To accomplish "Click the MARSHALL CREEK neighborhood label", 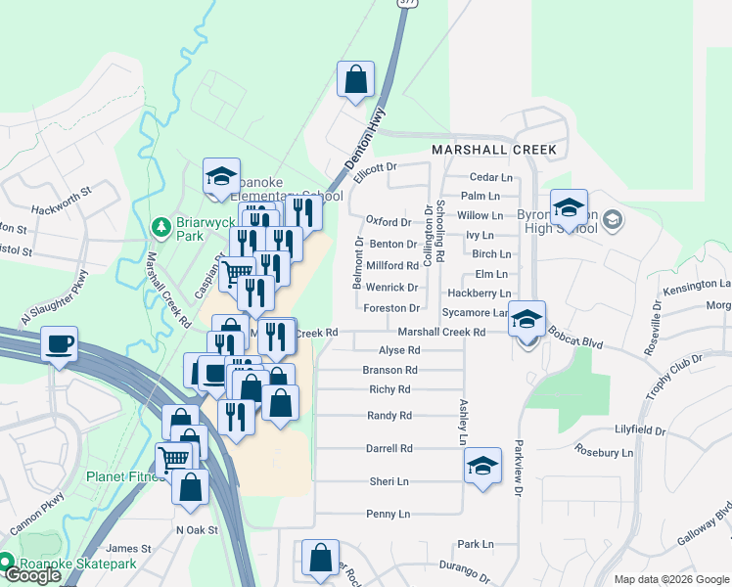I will tap(494, 151).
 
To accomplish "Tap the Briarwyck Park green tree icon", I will tap(161, 228).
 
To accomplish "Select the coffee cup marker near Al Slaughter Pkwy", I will tap(61, 345).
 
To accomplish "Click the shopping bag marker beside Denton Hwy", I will tap(355, 79).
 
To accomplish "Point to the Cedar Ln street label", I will tap(491, 177).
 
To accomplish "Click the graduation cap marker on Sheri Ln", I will tap(482, 467).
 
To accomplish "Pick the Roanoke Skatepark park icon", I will tap(7, 562).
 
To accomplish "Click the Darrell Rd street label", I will tap(389, 448).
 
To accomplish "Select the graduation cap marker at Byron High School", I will tap(568, 207).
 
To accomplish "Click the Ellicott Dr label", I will tap(376, 168).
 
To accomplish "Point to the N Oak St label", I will tap(196, 529).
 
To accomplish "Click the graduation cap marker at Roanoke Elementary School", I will tap(222, 177).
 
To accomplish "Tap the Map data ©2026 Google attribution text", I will tap(671, 579).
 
